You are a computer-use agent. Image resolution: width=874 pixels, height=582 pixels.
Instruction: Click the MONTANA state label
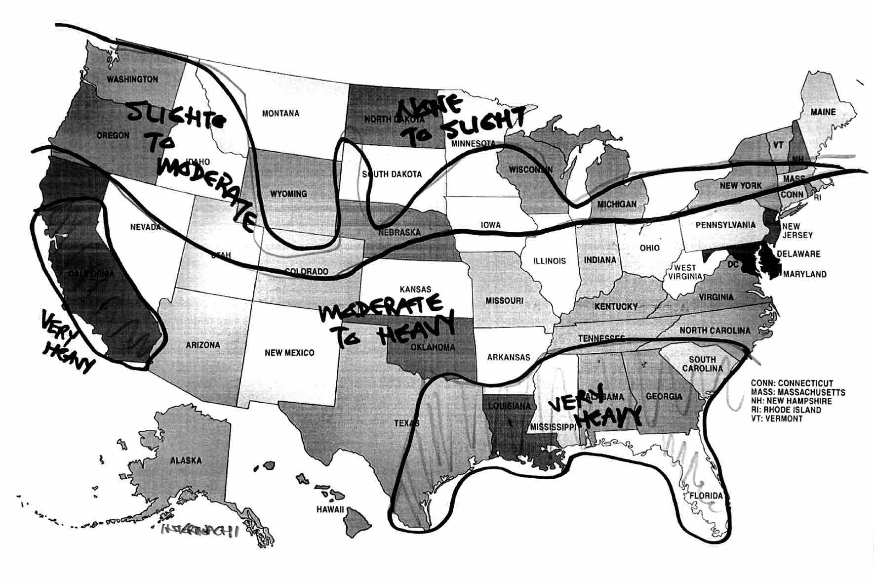coord(280,114)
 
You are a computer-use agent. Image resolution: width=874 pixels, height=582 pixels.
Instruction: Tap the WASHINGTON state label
coord(132,79)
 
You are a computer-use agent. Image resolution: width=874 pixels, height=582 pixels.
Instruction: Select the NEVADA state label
coord(145,227)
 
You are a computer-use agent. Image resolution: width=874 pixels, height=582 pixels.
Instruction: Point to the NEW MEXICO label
coord(289,353)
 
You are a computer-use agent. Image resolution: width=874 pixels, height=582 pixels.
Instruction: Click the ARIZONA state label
coord(203,345)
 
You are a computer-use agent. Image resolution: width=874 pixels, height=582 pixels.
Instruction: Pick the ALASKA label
coord(186,460)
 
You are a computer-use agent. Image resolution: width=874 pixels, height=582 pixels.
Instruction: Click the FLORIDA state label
coord(706,496)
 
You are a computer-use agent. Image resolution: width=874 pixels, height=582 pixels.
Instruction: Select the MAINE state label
coord(823,112)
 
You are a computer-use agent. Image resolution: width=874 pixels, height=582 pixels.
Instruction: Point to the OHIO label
coord(649,248)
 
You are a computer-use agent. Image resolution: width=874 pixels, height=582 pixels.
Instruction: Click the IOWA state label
coord(490,225)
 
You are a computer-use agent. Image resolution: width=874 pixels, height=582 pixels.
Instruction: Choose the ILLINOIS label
coord(550,261)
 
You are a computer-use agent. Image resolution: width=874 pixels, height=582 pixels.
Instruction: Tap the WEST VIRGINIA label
coord(685,272)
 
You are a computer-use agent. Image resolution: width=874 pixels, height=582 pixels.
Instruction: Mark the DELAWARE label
coord(798,254)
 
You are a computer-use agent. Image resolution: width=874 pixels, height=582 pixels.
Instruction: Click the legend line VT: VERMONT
coord(777,418)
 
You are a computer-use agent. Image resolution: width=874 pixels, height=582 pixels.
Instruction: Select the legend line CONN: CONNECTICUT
coord(792,383)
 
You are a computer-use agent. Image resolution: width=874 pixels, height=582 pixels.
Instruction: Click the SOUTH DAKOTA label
coord(392,174)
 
